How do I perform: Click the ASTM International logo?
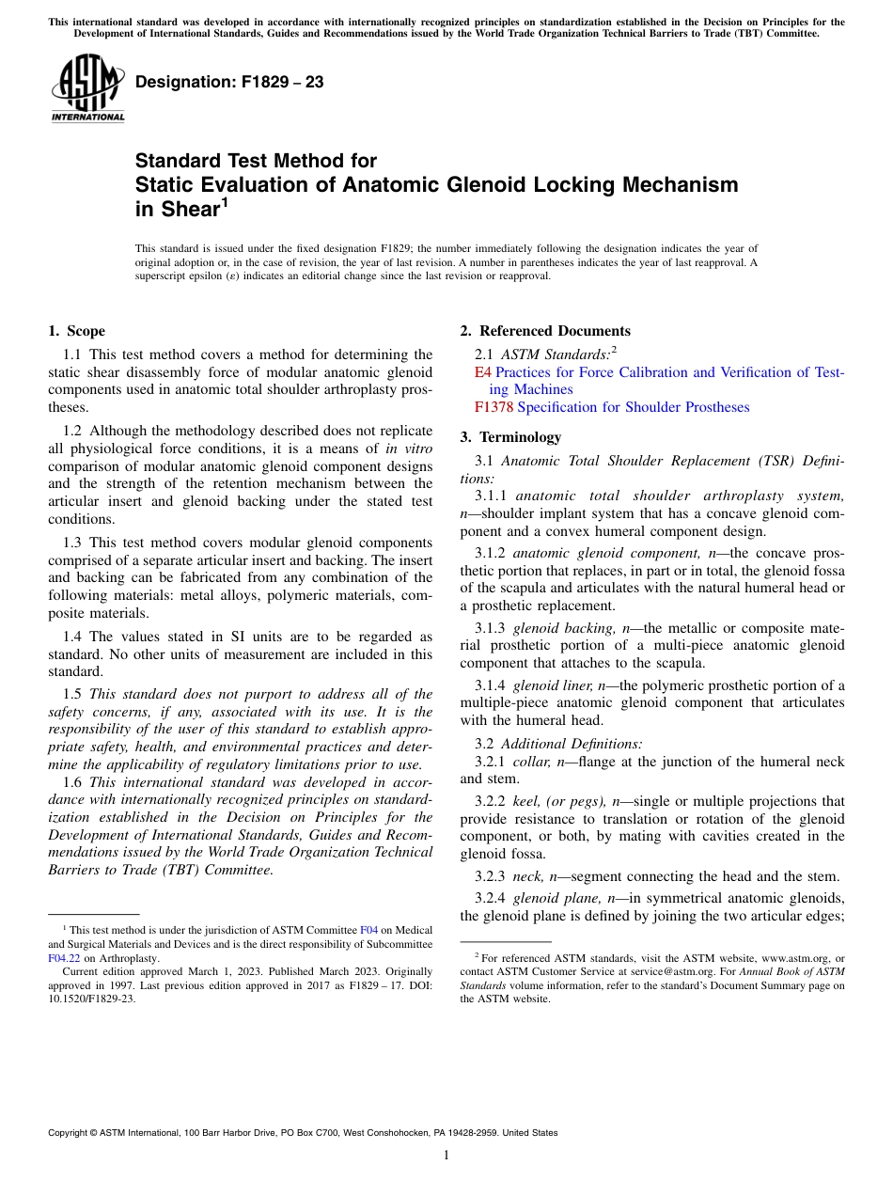tap(87, 88)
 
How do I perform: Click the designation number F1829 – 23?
tap(229, 83)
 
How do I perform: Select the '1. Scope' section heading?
tap(76, 331)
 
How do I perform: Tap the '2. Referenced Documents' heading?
tap(545, 331)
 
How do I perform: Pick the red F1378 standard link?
tap(493, 407)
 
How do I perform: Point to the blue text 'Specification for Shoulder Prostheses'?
tap(634, 407)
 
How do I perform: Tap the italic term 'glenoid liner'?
tap(553, 685)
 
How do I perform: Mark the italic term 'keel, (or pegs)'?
tap(559, 802)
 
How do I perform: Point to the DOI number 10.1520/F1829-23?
tap(91, 999)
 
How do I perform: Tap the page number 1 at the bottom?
tap(446, 1155)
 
